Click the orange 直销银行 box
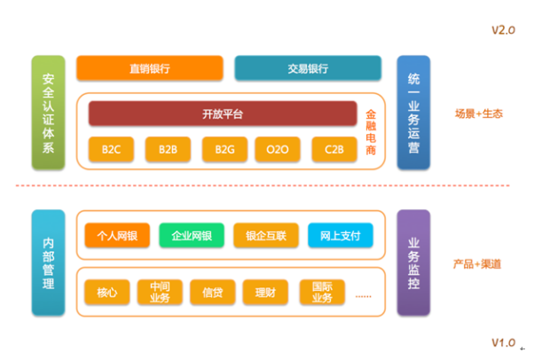[149, 68]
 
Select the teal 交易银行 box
[308, 68]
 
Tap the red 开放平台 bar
[223, 113]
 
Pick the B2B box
[169, 150]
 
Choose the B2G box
[224, 150]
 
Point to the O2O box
[277, 150]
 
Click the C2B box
[334, 150]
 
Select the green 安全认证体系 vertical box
[48, 113]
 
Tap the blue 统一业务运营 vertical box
[413, 113]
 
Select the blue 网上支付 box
[340, 236]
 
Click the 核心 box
[106, 291]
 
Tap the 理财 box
[264, 291]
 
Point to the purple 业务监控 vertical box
[413, 262]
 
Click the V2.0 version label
[503, 30]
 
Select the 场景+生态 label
[479, 113]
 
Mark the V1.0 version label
[503, 342]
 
